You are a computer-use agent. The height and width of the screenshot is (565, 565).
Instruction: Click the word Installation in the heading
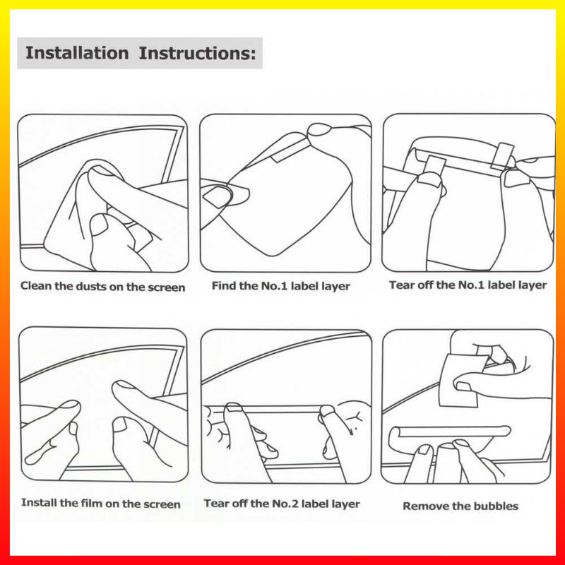(x=77, y=53)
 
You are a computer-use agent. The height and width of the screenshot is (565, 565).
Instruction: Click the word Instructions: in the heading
(x=198, y=54)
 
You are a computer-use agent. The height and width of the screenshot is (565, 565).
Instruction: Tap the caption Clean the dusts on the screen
(x=102, y=287)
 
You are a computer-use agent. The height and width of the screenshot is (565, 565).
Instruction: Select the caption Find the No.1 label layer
(x=280, y=286)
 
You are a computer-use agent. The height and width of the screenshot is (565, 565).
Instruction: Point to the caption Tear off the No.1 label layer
(x=468, y=285)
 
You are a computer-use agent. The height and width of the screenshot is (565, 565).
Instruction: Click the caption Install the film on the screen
(x=100, y=503)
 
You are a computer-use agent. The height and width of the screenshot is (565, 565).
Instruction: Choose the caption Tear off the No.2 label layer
(x=282, y=504)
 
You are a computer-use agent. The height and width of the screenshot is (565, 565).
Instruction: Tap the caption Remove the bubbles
(x=460, y=506)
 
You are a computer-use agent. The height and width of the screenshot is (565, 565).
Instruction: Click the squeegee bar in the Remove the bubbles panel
(x=451, y=432)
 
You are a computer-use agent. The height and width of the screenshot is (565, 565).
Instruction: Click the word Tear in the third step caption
(x=399, y=285)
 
